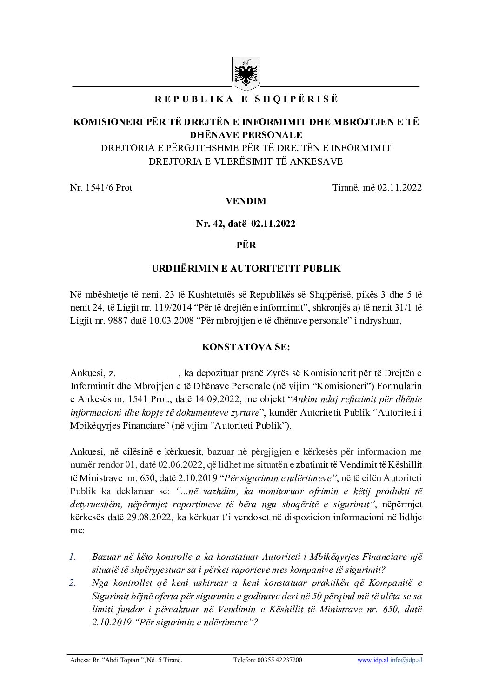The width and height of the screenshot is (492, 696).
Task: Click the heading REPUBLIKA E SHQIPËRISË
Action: point(246,99)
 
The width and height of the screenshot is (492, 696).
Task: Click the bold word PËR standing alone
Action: point(246,245)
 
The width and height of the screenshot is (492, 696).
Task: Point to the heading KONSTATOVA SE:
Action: point(246,347)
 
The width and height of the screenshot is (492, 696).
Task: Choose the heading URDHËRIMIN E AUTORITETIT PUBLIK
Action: point(246,268)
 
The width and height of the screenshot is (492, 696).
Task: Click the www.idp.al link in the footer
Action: point(367,660)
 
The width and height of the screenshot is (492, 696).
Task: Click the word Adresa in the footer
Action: point(78,660)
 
